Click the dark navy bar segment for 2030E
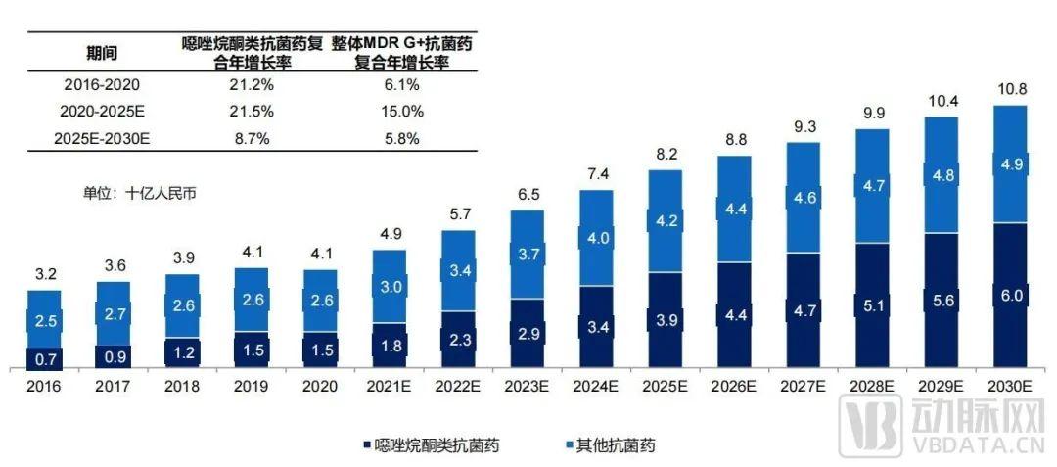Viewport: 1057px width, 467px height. click(1011, 296)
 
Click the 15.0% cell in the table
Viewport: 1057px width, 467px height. click(403, 111)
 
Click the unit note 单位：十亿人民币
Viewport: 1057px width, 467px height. click(140, 193)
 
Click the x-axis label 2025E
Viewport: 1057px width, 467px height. click(666, 387)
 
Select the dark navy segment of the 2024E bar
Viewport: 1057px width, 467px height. click(598, 327)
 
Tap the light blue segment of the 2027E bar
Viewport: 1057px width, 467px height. click(804, 198)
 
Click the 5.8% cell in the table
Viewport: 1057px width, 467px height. click(403, 138)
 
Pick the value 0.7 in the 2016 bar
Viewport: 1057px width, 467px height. click(44, 358)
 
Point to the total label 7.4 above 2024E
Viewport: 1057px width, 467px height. click(598, 173)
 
